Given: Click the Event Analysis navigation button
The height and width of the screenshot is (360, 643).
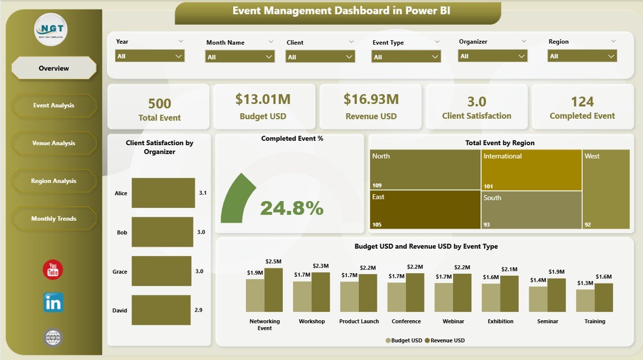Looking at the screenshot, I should coord(54,105).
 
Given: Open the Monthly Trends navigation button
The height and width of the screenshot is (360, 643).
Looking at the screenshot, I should coord(54,218).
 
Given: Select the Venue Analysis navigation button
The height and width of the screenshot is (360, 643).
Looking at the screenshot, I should coord(54,143).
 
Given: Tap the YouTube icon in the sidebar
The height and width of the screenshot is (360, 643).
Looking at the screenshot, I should coord(53,270).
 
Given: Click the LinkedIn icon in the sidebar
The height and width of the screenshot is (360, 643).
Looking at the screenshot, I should coord(53,303).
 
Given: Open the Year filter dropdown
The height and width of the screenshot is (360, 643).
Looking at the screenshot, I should coord(150,56).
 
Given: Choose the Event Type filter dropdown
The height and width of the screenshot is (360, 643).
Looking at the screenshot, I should coord(406,57).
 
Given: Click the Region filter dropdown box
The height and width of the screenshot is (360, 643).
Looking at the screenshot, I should coord(582,56).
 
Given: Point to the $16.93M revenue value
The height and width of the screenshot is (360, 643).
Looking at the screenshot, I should coord(371,99).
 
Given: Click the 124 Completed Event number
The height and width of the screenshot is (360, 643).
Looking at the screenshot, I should coord(582,102).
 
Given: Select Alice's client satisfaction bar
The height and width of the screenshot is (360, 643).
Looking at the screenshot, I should coord(163,193).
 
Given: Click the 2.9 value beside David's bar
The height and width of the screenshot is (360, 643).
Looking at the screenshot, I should coord(199,310).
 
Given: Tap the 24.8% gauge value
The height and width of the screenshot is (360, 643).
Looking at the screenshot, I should coord(291,208).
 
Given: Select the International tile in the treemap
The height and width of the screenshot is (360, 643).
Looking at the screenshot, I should coord(531,170).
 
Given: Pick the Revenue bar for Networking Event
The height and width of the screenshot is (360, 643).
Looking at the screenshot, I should coord(274,290).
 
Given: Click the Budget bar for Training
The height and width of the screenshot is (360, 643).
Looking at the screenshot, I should coord(585,300).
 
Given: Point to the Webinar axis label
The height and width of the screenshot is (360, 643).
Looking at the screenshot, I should coord(453,321).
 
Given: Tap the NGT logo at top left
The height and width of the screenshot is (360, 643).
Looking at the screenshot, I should coord(51,29).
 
